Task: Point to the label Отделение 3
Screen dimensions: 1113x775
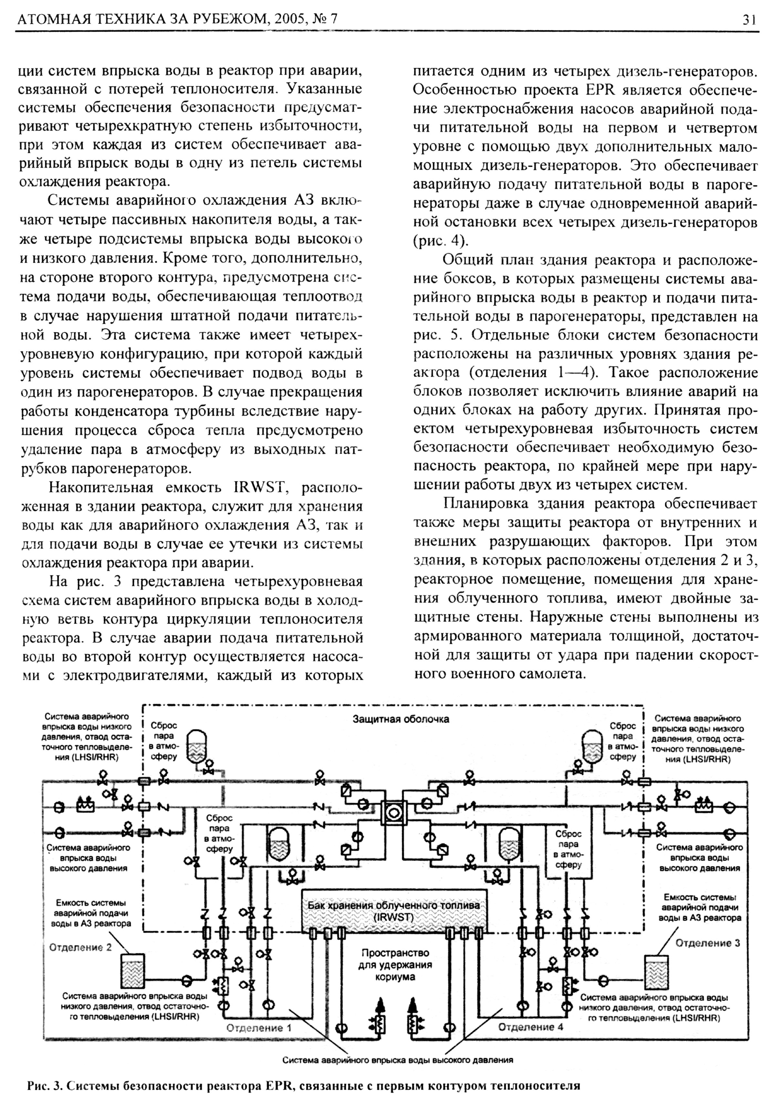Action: (708, 943)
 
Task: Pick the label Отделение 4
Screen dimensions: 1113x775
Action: (530, 1026)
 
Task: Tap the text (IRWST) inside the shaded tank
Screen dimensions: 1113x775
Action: (393, 918)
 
